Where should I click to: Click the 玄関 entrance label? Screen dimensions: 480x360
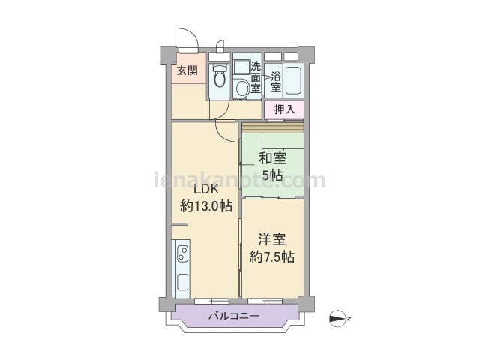pos(187,70)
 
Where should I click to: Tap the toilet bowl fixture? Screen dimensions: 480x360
pos(219,76)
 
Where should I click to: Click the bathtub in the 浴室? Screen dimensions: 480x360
pos(293,80)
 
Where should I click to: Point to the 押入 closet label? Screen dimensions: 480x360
pos(285,109)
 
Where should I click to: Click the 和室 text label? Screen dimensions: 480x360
pos(273,158)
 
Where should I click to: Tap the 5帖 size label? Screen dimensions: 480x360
pos(272,175)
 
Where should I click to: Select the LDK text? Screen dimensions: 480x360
pos(207,189)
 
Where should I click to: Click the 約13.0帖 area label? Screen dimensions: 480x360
pos(206,206)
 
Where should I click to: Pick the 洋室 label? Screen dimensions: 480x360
pos(272,239)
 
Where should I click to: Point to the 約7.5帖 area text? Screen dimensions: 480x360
pos(272,256)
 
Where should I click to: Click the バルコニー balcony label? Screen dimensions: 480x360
pos(234,315)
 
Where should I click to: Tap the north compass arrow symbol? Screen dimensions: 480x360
pos(338,319)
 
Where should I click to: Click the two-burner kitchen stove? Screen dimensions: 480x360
pos(183,253)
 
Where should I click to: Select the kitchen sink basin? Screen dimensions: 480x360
pos(183,282)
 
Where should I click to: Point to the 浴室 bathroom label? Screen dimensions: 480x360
pos(276,82)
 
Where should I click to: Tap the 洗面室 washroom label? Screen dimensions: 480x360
pos(256,77)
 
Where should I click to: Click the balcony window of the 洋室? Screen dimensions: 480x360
pos(265,301)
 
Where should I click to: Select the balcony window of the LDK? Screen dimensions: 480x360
pos(211,301)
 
